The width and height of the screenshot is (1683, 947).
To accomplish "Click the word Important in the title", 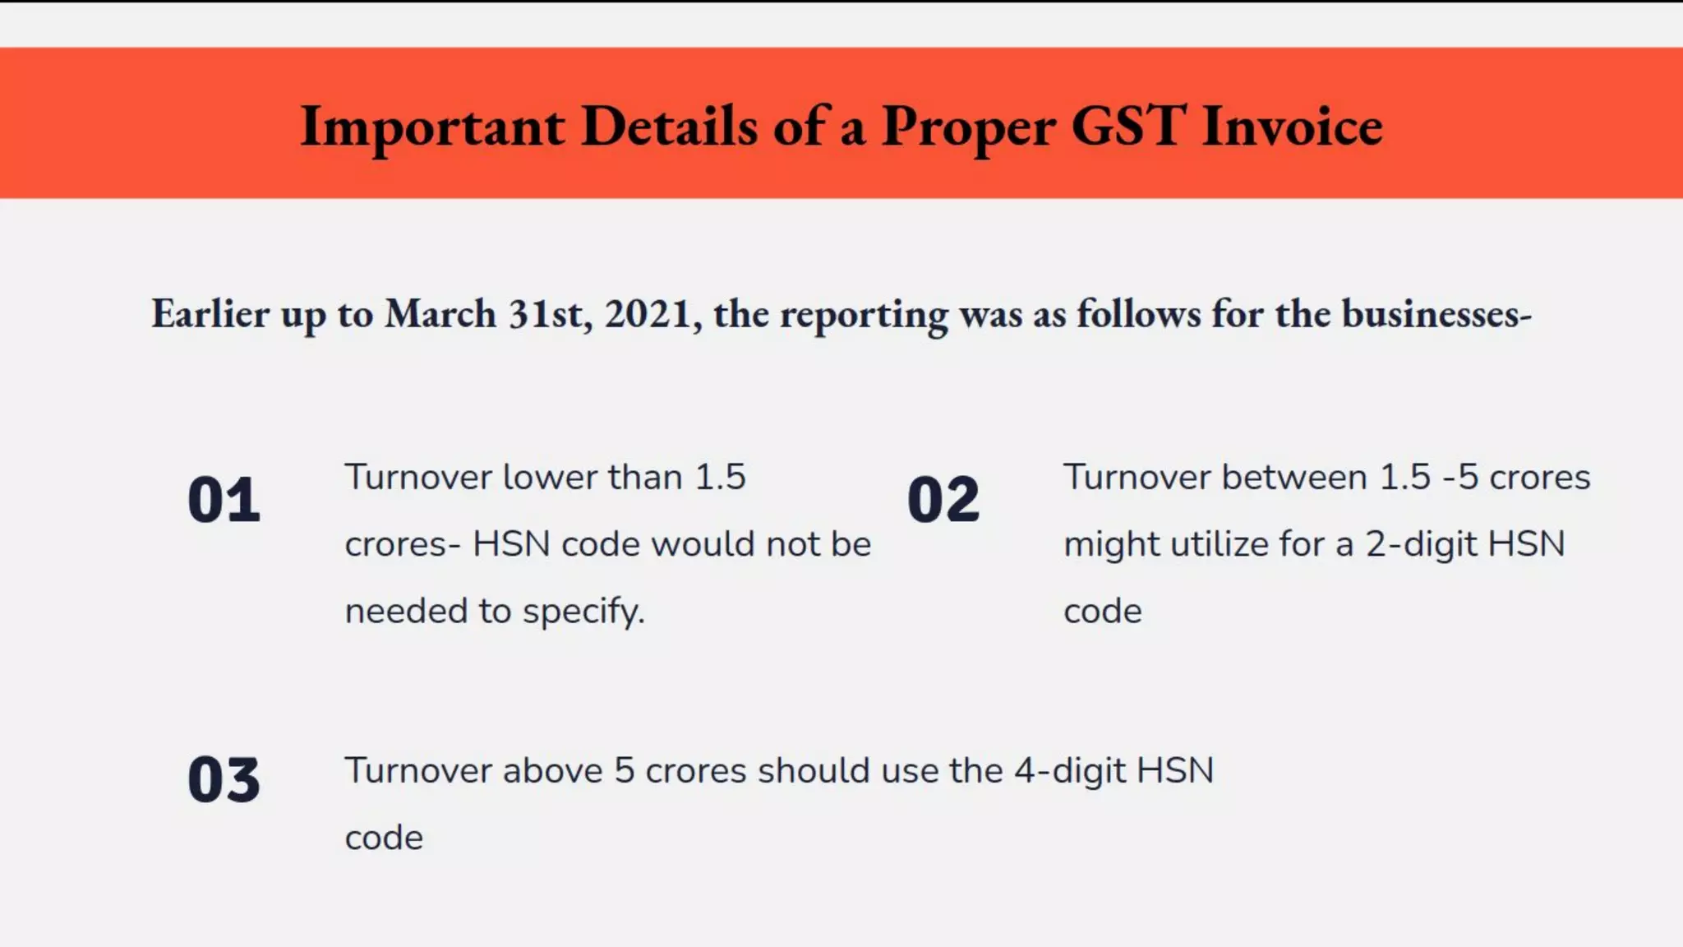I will click(432, 127).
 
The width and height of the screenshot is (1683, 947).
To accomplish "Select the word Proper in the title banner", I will click(968, 127).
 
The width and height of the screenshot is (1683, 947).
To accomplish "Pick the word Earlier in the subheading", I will click(210, 314).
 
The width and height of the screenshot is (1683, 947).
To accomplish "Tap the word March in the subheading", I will click(440, 314).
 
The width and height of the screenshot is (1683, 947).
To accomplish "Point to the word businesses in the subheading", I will click(1435, 314).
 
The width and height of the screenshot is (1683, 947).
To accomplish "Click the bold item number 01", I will click(224, 500).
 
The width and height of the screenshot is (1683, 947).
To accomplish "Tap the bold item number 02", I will click(943, 500).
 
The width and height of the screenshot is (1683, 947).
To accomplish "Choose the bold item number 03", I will click(224, 779).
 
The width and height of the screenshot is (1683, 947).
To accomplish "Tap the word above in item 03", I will click(552, 771).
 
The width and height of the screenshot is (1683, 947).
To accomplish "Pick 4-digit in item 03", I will click(1070, 771).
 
